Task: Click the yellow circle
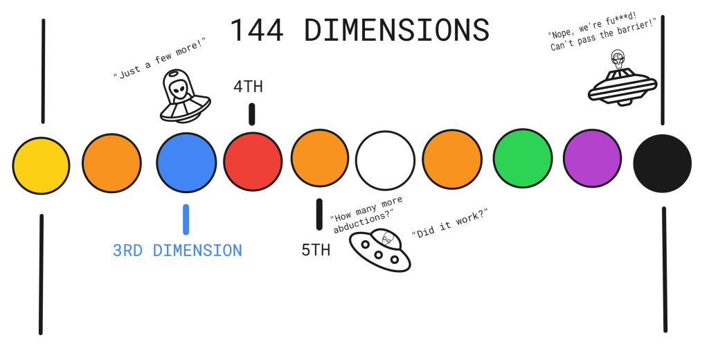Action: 41,166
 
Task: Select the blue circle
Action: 186,163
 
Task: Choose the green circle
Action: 523,159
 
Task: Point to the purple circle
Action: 592,159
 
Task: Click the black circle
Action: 662,163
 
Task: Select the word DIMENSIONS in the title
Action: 397,31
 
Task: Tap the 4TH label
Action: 248,87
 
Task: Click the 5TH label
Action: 316,251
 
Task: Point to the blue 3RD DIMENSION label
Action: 177,251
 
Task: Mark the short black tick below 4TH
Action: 251,114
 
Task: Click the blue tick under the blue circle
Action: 186,219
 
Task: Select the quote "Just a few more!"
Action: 159,60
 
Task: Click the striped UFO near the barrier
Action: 622,89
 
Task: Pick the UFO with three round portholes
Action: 379,251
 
